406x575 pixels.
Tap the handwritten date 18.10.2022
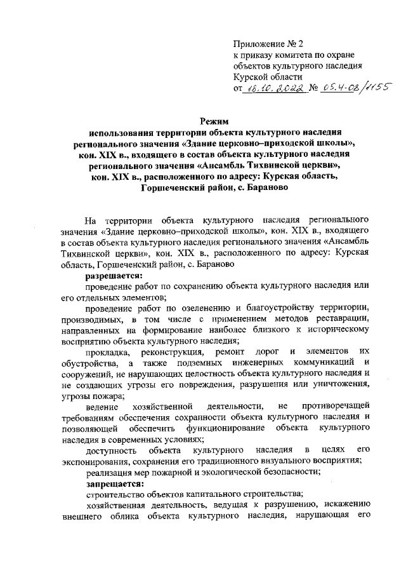pyautogui.click(x=275, y=90)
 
